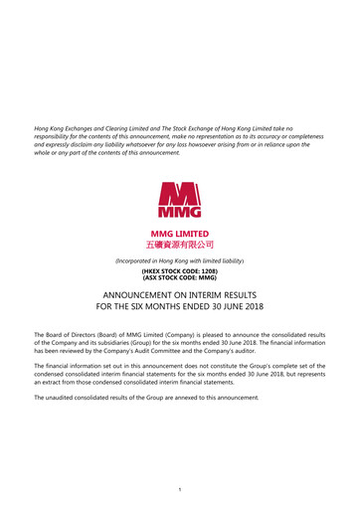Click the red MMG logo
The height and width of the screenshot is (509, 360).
(x=180, y=199)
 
